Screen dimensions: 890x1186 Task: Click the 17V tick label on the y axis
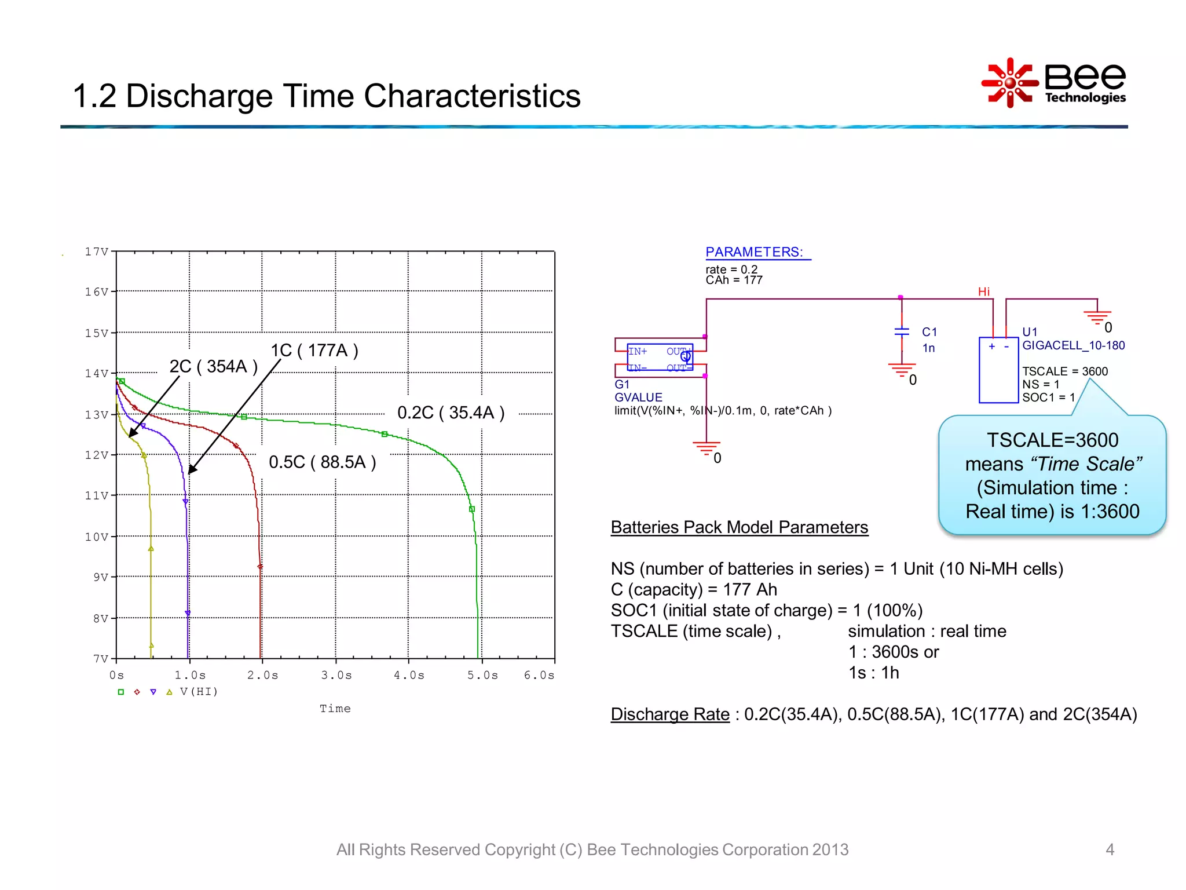coord(96,251)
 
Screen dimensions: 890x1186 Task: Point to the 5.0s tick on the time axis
coord(482,675)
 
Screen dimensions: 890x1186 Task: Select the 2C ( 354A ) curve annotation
coord(213,366)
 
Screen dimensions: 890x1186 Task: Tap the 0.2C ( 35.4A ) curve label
coord(451,413)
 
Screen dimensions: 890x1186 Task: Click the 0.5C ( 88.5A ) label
coord(323,462)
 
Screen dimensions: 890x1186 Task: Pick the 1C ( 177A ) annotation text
coord(314,350)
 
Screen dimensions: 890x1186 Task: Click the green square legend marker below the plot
coord(121,692)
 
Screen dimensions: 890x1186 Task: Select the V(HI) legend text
coord(199,691)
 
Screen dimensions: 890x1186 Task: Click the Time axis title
coord(335,708)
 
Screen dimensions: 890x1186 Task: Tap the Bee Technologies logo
coord(1054,83)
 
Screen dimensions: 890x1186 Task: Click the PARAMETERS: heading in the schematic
coord(754,252)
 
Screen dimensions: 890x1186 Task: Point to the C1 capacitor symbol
coord(902,332)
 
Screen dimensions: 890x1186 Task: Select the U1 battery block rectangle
coord(998,371)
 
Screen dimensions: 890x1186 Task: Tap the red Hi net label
coord(983,291)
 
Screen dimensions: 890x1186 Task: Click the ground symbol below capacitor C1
coord(902,370)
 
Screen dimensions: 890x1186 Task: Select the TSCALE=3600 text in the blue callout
coord(1052,440)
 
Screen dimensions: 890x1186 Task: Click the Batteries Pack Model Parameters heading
coord(739,527)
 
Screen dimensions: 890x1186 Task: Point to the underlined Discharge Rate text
coord(670,714)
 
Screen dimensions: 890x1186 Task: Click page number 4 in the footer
coord(1110,849)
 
